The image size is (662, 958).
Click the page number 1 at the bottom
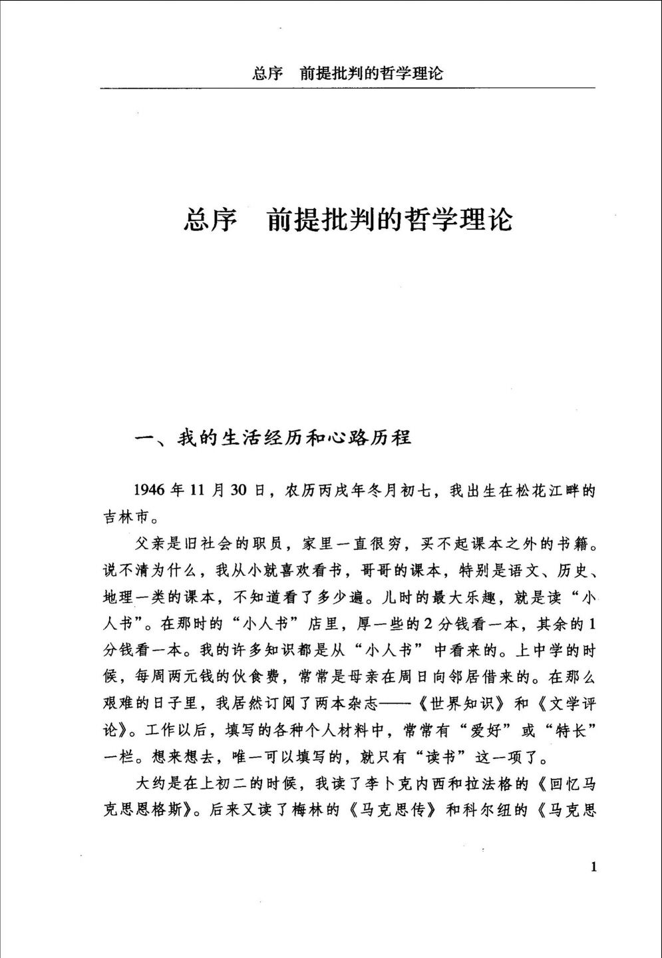click(x=593, y=866)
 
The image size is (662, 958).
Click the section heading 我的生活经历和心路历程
click(x=293, y=437)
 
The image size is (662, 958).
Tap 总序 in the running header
click(x=268, y=73)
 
